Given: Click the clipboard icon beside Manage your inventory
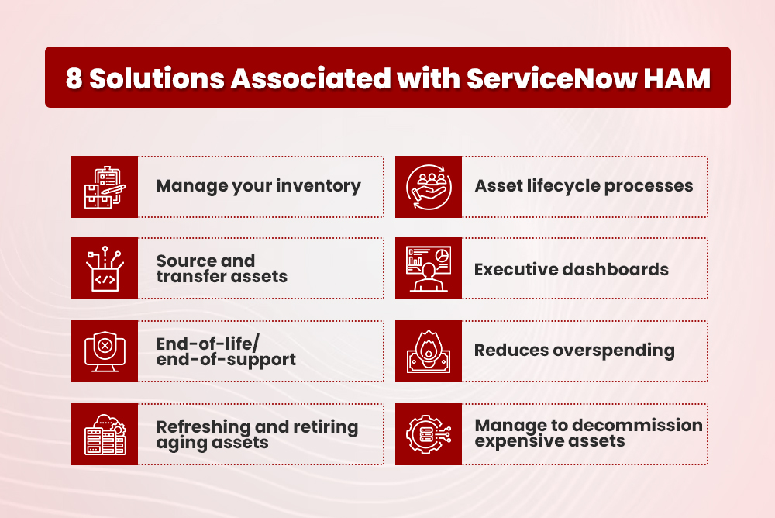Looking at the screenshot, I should click(x=105, y=187).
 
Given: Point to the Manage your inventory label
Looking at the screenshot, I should click(x=258, y=186).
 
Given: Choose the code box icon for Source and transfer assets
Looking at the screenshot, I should click(x=105, y=269).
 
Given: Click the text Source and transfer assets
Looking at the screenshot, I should click(x=222, y=268).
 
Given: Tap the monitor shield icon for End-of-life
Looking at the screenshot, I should click(x=105, y=351).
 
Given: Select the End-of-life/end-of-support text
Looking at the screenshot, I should click(x=226, y=351).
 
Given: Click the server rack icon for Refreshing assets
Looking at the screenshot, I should click(x=105, y=434).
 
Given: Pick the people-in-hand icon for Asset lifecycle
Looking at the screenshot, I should click(x=429, y=187).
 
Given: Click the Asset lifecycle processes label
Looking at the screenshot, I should click(x=584, y=186).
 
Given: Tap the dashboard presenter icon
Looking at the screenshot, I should click(x=429, y=269).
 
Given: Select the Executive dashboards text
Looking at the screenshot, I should click(x=571, y=269).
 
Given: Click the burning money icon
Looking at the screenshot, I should click(x=429, y=351).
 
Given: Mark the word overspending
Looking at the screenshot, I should click(x=615, y=351).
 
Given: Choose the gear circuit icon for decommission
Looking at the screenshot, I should click(x=429, y=434).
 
